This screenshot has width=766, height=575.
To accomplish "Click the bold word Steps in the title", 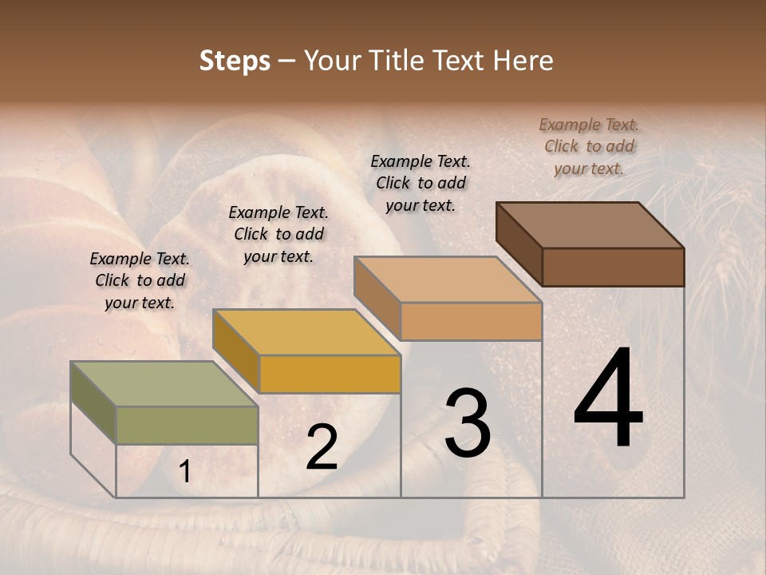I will (x=235, y=61).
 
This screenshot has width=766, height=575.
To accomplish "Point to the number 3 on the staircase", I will (x=468, y=423).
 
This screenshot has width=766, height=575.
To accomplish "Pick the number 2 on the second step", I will (x=322, y=447).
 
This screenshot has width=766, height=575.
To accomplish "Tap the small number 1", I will (x=185, y=472).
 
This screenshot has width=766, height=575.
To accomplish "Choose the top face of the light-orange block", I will (x=448, y=280).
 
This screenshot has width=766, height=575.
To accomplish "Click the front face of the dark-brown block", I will (x=613, y=267).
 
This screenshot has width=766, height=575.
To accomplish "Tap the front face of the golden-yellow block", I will (x=330, y=374).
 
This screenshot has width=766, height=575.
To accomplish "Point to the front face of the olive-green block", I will (x=187, y=425).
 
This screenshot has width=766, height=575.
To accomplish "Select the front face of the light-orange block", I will (x=471, y=321).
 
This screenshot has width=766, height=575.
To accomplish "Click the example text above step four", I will (x=589, y=146).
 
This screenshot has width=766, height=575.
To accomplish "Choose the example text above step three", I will (x=421, y=183).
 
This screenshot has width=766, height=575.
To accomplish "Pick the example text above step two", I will (x=278, y=234).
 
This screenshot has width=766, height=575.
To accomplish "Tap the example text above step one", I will (x=140, y=280).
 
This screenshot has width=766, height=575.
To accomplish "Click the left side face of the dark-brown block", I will (x=519, y=243).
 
